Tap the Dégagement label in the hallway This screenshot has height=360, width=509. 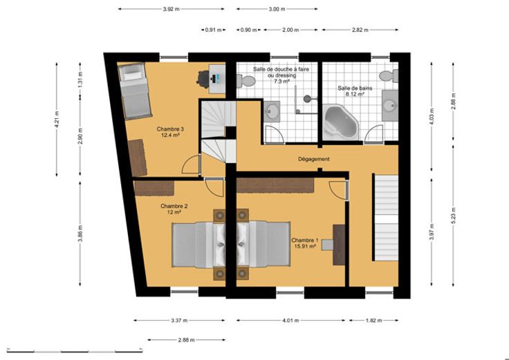click(313, 159)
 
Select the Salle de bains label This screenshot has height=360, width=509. click(355, 88)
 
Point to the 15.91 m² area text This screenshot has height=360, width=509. click(305, 246)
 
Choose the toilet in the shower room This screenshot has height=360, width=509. click(246, 80)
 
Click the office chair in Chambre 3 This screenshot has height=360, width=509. click(203, 79)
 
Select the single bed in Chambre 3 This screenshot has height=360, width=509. click(135, 91)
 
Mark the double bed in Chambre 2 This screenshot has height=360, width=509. click(198, 245)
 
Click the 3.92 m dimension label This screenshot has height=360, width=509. click(171, 9)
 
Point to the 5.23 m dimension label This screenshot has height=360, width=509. click(454, 216)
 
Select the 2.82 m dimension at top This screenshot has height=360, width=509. click(360, 30)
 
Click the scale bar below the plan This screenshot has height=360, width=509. click(74, 351)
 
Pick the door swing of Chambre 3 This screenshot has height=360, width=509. click(191, 164)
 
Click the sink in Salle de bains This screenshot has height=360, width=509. click(390, 106)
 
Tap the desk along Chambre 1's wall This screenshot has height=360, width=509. click(340, 245)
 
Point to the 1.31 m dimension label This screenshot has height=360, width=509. click(80, 79)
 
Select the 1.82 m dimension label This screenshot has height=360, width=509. click(373, 321)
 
